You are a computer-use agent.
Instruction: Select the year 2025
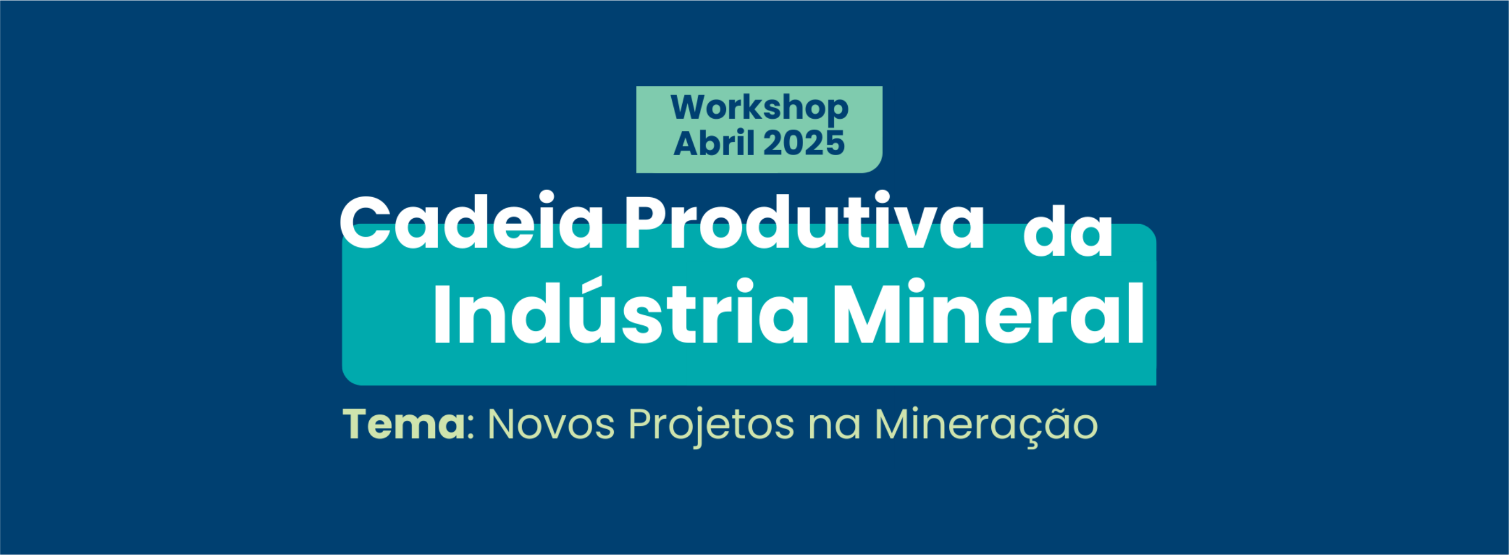point(804,144)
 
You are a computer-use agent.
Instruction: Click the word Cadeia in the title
point(471,221)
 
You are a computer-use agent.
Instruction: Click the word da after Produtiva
point(1067,232)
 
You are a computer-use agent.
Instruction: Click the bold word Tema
point(404,424)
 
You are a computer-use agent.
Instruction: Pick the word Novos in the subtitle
point(551,424)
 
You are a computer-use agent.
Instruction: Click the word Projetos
point(711,426)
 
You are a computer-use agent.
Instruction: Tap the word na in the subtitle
point(835,429)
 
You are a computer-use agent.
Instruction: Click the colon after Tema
point(470,429)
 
